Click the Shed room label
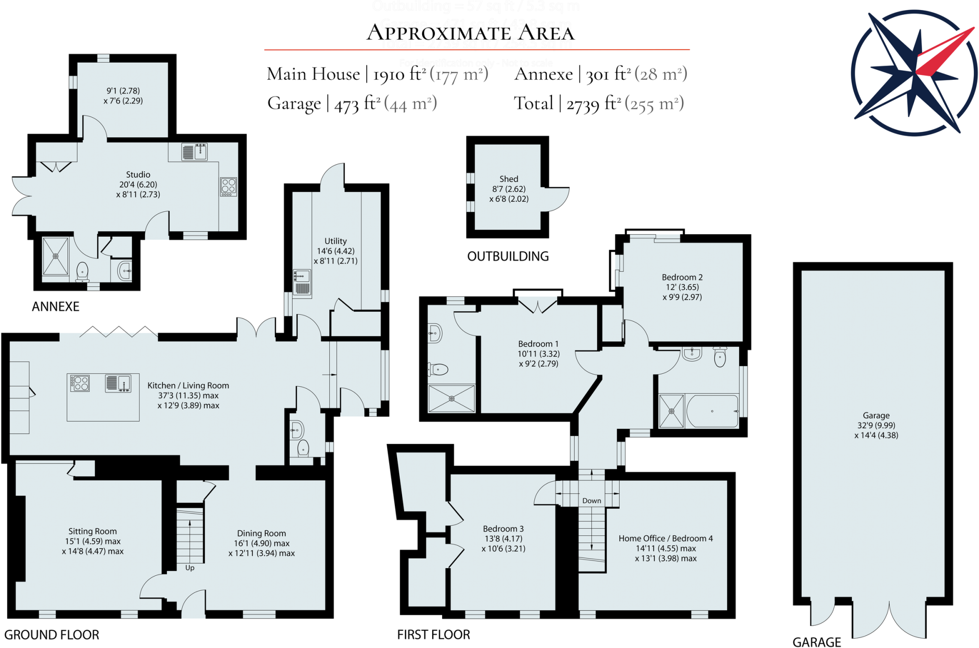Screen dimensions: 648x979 coord(509,179)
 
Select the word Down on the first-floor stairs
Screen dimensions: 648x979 coord(591,500)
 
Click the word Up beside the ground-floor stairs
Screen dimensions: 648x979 coord(190,568)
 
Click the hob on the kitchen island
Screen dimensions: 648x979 coord(80,383)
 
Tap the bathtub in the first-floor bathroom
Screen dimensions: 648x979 coord(712,411)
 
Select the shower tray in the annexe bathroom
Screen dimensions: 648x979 coord(55,256)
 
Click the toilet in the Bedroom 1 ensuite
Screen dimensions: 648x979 coord(439,369)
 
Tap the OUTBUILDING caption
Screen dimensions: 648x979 coord(508,256)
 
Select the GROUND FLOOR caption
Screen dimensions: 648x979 coord(52,635)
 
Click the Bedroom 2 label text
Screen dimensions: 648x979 coord(682,277)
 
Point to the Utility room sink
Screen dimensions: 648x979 coord(302,277)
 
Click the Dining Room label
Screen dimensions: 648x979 coord(261,533)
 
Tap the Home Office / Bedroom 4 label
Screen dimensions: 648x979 coord(665,539)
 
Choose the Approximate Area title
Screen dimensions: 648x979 coord(470,33)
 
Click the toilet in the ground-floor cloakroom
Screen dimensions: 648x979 coord(303,448)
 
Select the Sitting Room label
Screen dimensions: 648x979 coord(92,531)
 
